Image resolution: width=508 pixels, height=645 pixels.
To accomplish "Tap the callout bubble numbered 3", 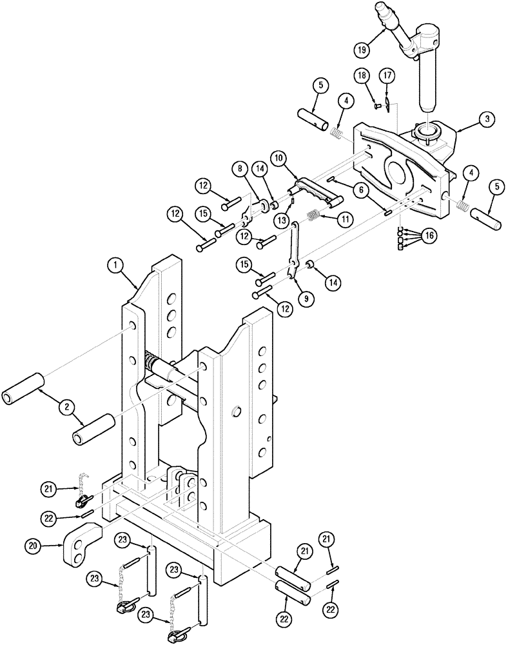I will [487, 119].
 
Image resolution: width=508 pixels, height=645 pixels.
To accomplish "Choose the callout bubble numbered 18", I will [362, 75].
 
